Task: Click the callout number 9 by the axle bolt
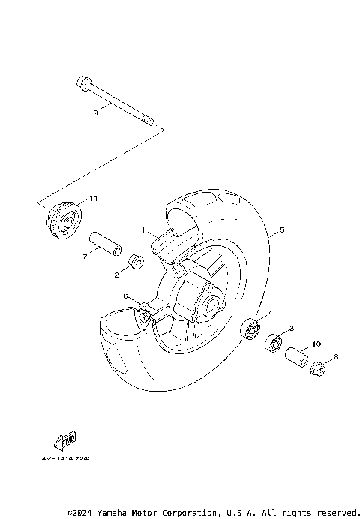pyautogui.click(x=95, y=112)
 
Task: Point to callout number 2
pyautogui.click(x=117, y=274)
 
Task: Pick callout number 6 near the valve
pyautogui.click(x=126, y=295)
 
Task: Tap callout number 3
pyautogui.click(x=291, y=328)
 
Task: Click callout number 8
pyautogui.click(x=335, y=357)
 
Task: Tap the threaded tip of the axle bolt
pyautogui.click(x=149, y=121)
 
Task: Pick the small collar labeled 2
pyautogui.click(x=136, y=262)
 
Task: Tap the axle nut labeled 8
pyautogui.click(x=318, y=369)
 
